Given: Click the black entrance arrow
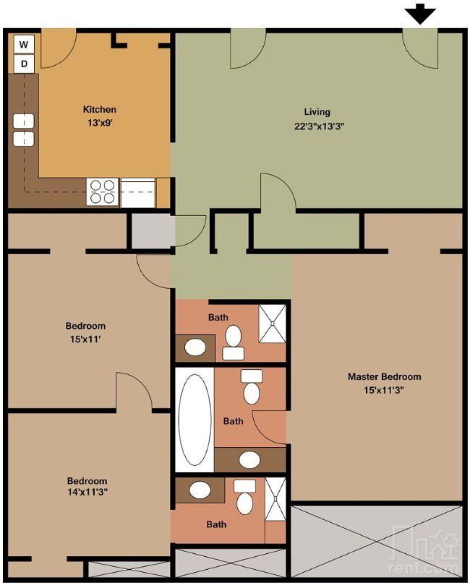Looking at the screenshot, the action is (420, 14).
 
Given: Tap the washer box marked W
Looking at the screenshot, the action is (24, 45).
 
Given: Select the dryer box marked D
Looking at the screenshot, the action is (24, 64).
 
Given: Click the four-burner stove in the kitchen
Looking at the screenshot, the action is (103, 192).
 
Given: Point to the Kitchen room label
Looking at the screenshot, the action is (99, 109).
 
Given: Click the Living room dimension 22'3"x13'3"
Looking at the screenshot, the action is (319, 126).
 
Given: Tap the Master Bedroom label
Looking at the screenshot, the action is (385, 376).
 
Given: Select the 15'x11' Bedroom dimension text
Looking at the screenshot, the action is (85, 339).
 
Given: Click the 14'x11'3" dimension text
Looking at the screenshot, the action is (87, 492).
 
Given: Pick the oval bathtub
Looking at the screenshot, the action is (195, 420).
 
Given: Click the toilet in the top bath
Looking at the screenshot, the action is (233, 342).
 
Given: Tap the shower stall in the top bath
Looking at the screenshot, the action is (273, 324).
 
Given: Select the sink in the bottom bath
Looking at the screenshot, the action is (200, 489).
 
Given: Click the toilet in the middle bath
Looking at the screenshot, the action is (252, 386).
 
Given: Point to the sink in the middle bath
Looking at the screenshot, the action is (250, 459).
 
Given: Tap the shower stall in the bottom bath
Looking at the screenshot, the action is (275, 499).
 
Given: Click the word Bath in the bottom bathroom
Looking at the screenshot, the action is (216, 524).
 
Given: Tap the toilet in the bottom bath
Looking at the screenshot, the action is (244, 497).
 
